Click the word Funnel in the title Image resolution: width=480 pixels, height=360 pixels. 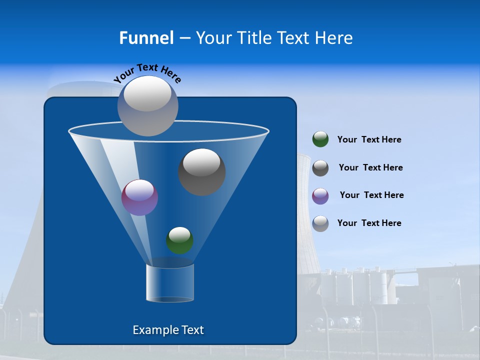146,38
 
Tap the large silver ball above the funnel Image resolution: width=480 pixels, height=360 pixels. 148,106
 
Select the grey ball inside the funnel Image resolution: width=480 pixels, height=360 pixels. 202,172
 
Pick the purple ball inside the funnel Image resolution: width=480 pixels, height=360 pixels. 140,197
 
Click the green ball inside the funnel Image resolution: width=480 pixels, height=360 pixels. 179,240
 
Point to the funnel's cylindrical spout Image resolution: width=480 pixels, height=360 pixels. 170,283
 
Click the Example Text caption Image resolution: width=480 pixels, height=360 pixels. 168,330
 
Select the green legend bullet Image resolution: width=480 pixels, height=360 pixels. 320,139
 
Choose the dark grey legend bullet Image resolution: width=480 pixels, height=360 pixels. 320,168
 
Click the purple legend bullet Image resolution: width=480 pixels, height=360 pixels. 320,196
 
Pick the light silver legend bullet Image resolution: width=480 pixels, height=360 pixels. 320,223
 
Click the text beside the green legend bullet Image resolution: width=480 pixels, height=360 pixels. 369,140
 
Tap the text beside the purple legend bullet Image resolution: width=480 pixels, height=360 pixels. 371,195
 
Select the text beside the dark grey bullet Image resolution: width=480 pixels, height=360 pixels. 370,168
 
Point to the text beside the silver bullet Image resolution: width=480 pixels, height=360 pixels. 369,223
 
